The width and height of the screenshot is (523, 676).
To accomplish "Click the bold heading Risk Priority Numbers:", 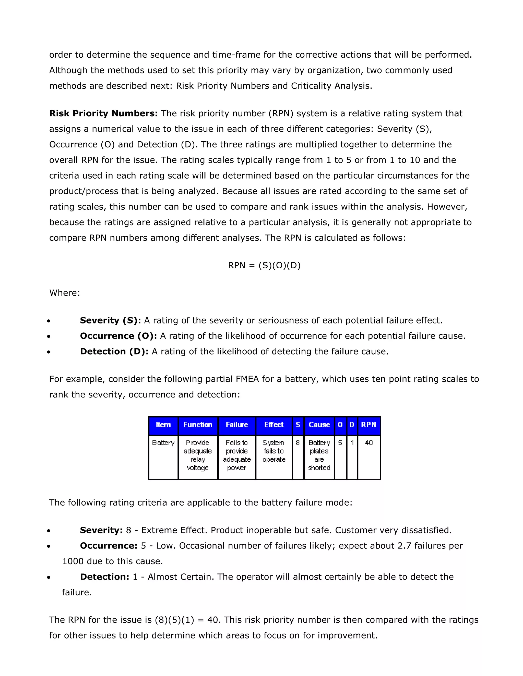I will pyautogui.click(x=103, y=114).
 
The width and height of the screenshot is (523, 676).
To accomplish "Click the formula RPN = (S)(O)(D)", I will pyautogui.click(x=264, y=265).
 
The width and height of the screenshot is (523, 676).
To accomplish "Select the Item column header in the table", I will pyautogui.click(x=163, y=425).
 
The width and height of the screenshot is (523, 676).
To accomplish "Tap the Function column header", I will pyautogui.click(x=198, y=425).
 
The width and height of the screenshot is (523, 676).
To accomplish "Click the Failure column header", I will pyautogui.click(x=237, y=425).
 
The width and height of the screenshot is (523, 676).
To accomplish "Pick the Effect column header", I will pyautogui.click(x=274, y=425).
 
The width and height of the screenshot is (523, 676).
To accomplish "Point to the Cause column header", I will pyautogui.click(x=319, y=425).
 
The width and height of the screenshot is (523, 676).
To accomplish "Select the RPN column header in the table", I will pyautogui.click(x=369, y=425).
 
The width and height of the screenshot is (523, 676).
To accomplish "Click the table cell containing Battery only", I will pyautogui.click(x=163, y=443).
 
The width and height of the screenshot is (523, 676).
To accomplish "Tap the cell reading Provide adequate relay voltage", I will pyautogui.click(x=198, y=455).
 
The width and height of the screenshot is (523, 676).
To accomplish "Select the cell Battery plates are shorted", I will pyautogui.click(x=319, y=455).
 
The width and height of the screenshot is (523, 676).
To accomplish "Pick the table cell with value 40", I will pyautogui.click(x=369, y=443).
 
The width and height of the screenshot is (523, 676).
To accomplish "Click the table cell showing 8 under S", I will pyautogui.click(x=298, y=443).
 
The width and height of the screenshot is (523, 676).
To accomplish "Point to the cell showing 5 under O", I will pyautogui.click(x=340, y=443).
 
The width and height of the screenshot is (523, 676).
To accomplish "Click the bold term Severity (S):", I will pyautogui.click(x=110, y=320).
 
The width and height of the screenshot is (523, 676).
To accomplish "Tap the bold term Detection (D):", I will pyautogui.click(x=114, y=352).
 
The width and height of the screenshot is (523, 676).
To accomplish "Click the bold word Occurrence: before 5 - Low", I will pyautogui.click(x=109, y=546).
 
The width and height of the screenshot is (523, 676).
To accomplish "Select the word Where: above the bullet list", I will pyautogui.click(x=64, y=293).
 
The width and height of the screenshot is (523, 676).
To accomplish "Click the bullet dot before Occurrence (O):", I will pyautogui.click(x=49, y=336).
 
